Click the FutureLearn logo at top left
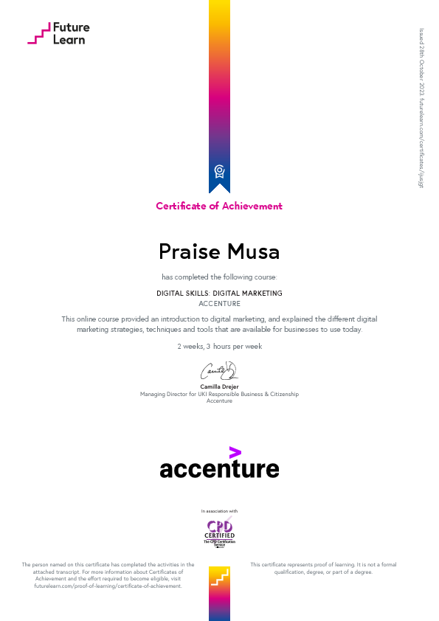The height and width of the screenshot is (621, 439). click(58, 33)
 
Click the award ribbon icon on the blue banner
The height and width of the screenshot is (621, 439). click(219, 172)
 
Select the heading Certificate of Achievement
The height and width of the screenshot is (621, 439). click(219, 206)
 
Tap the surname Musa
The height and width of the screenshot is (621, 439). click(254, 251)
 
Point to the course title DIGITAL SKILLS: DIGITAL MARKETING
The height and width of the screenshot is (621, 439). click(219, 293)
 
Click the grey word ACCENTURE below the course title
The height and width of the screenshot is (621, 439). click(219, 303)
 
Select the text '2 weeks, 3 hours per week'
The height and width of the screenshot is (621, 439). click(219, 346)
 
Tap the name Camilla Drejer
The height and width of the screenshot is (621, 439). click(219, 386)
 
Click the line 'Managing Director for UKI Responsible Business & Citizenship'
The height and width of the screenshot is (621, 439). click(219, 394)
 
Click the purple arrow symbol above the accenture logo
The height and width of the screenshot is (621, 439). click(235, 452)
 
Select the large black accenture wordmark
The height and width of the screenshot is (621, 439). click(219, 468)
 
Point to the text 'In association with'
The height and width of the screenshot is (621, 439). click(219, 510)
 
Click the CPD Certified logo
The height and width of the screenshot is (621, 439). click(219, 531)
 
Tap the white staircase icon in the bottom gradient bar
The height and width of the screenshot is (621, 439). click(219, 579)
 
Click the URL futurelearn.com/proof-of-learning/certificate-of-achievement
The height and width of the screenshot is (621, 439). click(102, 586)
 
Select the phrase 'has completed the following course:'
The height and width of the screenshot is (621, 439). click(219, 277)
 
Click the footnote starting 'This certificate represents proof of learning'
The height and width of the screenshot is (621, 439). click(322, 568)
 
